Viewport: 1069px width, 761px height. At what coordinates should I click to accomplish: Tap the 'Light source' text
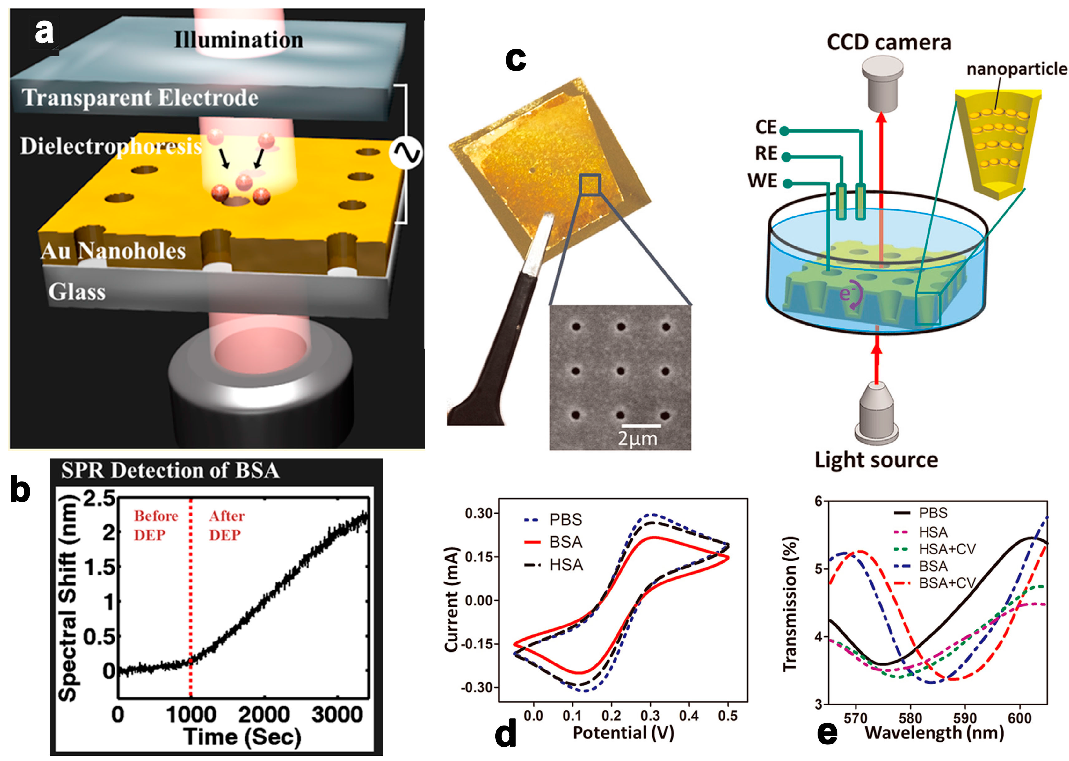[876, 460]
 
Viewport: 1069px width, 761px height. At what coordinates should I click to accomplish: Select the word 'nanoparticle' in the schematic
[1016, 69]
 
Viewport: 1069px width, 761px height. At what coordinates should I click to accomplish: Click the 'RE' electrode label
[766, 153]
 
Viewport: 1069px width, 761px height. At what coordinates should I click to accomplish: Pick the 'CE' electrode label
[766, 127]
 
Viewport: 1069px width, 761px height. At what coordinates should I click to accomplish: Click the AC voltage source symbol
[406, 153]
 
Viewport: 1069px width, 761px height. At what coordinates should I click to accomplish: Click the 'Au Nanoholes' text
[113, 251]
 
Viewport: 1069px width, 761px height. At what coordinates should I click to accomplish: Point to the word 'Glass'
[77, 291]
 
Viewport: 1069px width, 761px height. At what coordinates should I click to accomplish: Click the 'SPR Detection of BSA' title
[171, 471]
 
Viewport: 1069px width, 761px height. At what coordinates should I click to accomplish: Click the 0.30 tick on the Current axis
[479, 514]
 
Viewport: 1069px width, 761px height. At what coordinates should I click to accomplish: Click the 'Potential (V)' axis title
[623, 732]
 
